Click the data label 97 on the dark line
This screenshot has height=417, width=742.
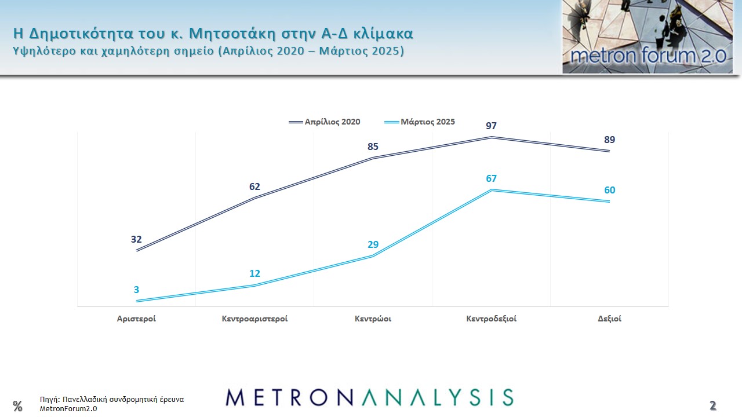[x=492, y=126]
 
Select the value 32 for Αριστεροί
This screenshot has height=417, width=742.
[x=136, y=239]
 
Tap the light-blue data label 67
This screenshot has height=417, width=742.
[x=492, y=178]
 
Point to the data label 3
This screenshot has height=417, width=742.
[x=137, y=290]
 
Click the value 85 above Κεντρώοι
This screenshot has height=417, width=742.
[x=373, y=147]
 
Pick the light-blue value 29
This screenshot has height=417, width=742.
[x=373, y=244]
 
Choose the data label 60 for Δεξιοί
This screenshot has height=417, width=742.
[x=610, y=190]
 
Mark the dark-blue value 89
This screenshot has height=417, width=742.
[x=609, y=140]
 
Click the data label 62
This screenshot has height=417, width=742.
[x=255, y=186]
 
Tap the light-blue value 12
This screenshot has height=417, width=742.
[x=255, y=273]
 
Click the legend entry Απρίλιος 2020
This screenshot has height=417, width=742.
[x=333, y=122]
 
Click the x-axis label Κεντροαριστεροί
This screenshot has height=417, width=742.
[x=255, y=319]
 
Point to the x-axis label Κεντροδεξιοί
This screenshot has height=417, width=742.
[x=492, y=319]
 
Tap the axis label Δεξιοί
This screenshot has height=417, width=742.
[x=610, y=319]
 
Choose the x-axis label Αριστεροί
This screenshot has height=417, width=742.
[x=136, y=319]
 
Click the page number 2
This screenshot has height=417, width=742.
[x=713, y=405]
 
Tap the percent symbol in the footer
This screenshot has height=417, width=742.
[x=17, y=406]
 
